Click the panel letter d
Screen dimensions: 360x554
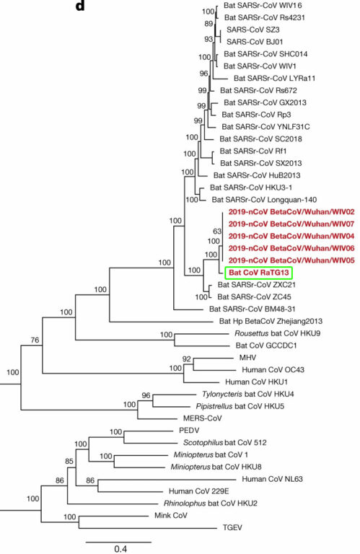coord(80,6)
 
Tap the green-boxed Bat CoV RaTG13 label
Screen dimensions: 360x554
coord(259,273)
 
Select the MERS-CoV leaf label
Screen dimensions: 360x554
coord(203,418)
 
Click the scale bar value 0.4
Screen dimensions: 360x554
coord(120,549)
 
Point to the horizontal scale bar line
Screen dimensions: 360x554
coord(118,542)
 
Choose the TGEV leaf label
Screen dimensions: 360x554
coord(232,527)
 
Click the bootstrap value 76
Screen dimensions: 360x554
coord(35,340)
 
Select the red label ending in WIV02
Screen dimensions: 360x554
coord(291,212)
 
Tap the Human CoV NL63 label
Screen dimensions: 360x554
coord(272,479)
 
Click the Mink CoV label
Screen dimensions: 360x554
coord(171,516)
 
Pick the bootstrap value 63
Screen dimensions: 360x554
coord(217,231)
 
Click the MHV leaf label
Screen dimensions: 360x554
coord(247,358)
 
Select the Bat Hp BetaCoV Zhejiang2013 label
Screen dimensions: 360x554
coord(271,321)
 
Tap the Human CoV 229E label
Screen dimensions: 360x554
coord(198,491)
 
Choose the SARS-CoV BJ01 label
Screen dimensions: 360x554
coord(255,42)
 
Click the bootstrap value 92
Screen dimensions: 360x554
coord(187,359)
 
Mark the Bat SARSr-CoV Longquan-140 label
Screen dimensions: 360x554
coord(264,200)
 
